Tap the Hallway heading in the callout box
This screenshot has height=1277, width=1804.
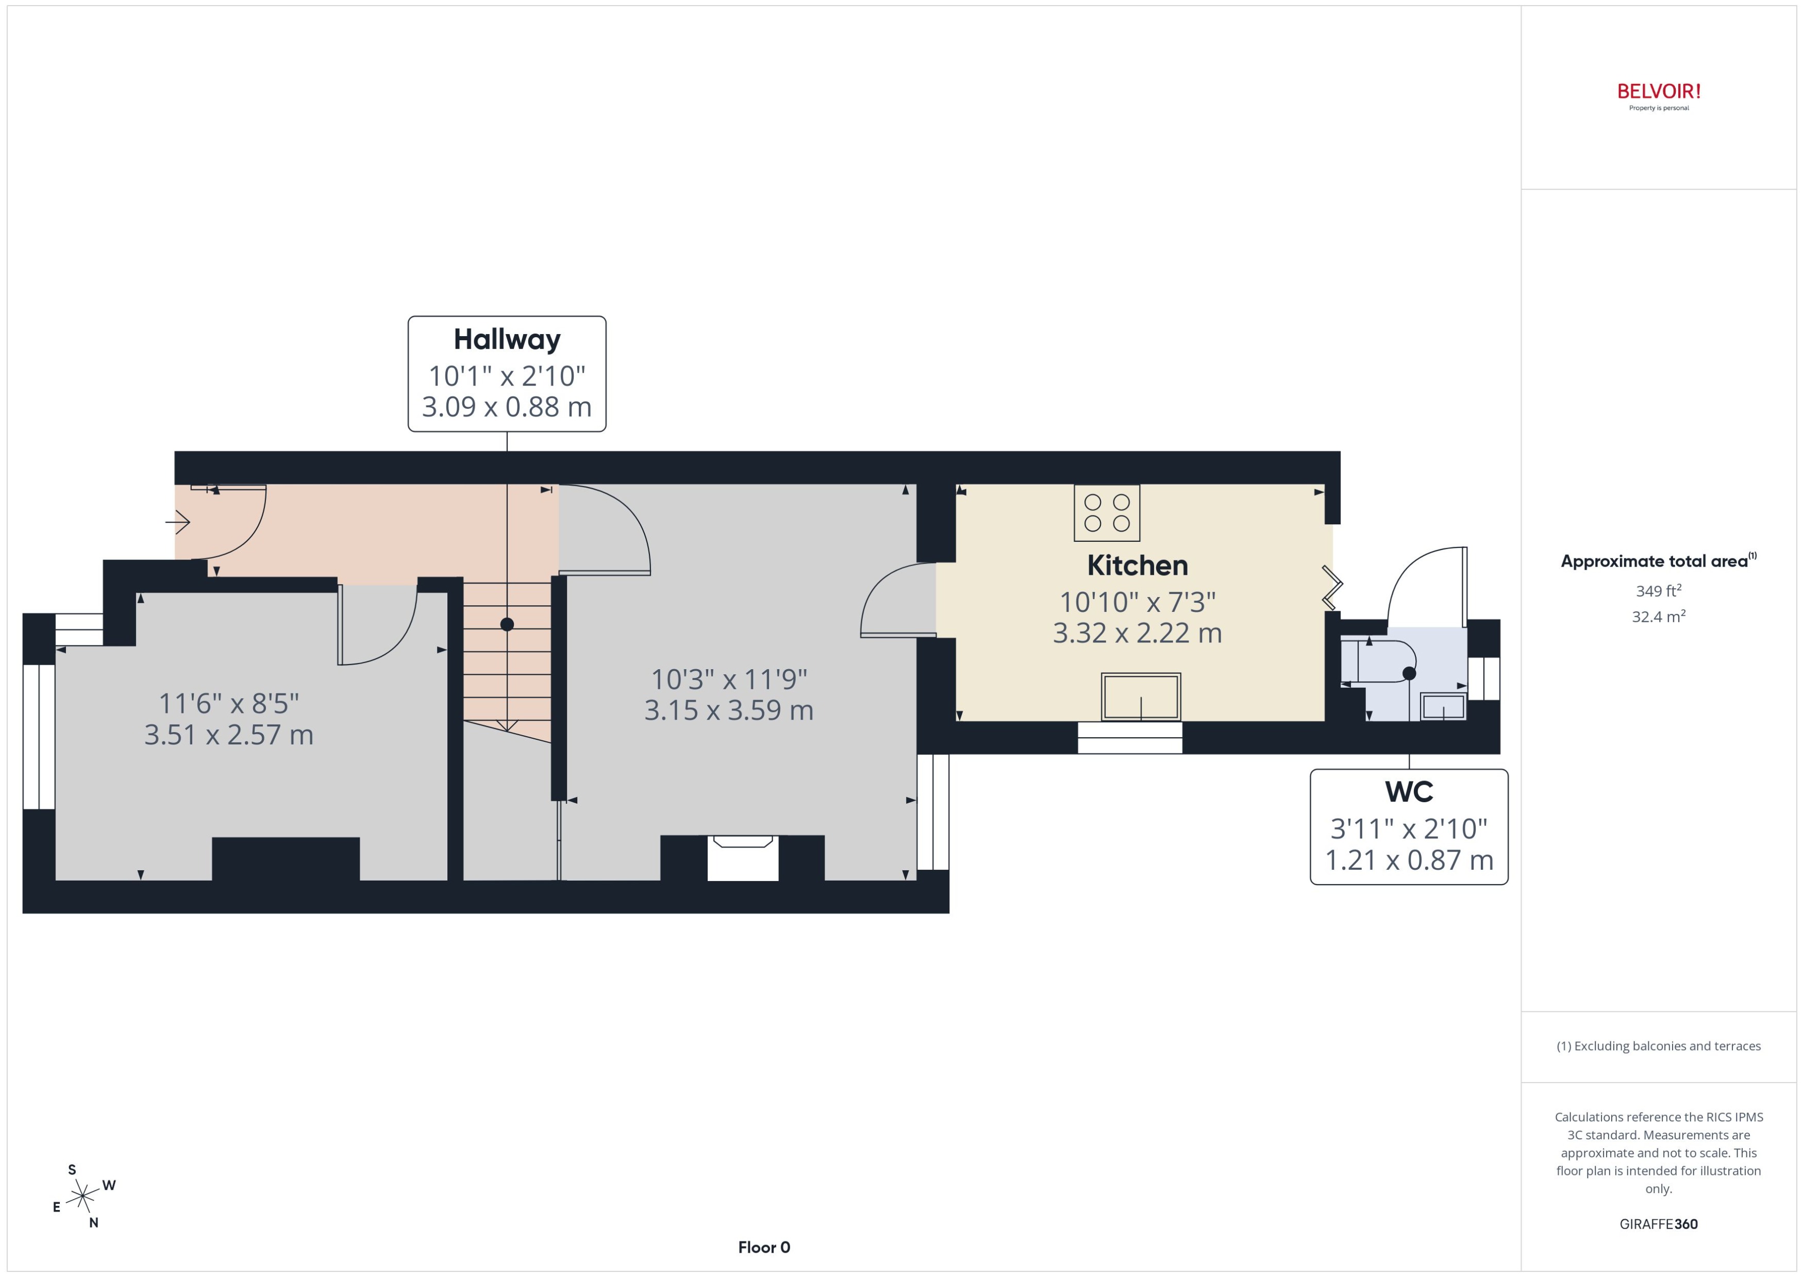(x=507, y=340)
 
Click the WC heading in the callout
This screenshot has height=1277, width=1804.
(x=1409, y=792)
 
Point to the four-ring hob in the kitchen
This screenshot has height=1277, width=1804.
(x=1106, y=512)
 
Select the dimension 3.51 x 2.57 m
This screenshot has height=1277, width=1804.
(x=229, y=735)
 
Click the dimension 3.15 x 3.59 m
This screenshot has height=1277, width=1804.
(x=729, y=710)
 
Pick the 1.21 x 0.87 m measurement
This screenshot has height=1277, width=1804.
(x=1409, y=860)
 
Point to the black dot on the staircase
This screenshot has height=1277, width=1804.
(x=507, y=624)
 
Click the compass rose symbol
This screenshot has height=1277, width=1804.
(x=82, y=1197)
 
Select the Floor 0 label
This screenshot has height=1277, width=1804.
(x=763, y=1247)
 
